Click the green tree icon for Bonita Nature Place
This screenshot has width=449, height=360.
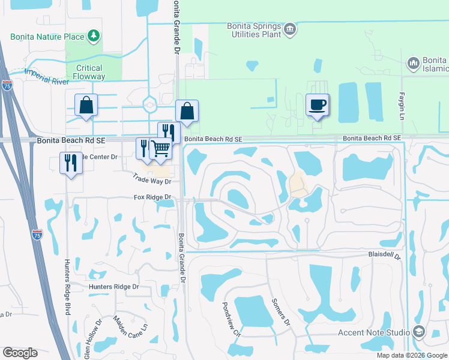pos(94,37)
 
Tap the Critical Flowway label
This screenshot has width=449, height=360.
pos(89,72)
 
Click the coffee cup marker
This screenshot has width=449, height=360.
pos(318,105)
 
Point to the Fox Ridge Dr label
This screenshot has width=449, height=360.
pos(152,197)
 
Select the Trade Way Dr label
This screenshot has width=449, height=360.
pos(152,181)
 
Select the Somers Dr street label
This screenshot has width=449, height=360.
pos(282,312)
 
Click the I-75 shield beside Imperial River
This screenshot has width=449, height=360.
pos(7,85)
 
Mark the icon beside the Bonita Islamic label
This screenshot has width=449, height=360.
pos(413,63)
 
